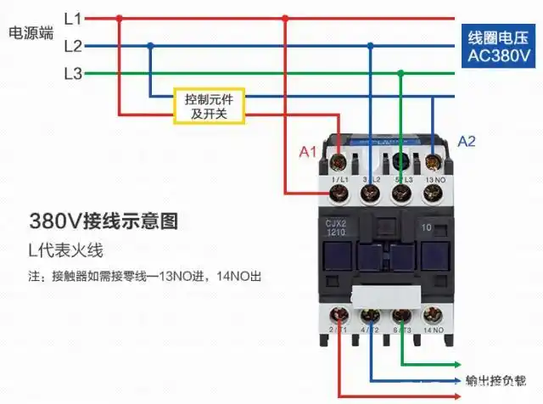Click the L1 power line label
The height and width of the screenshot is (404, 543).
point(73,17)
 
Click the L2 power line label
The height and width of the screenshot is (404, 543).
point(73,46)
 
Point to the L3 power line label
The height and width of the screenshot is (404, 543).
point(73,74)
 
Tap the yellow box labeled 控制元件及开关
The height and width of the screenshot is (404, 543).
point(210,106)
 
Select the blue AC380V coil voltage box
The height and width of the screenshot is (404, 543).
point(499,48)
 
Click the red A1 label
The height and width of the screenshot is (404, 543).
point(309,152)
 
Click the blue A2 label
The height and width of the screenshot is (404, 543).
point(467,141)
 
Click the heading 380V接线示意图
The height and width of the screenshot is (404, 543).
point(104,222)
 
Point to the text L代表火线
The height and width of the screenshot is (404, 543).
point(65,251)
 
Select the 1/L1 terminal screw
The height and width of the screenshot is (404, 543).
point(339,194)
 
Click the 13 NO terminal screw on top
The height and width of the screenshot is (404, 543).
point(433,194)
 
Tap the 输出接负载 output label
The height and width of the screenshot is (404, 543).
point(496,379)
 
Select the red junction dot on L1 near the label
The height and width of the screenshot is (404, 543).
point(119,17)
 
